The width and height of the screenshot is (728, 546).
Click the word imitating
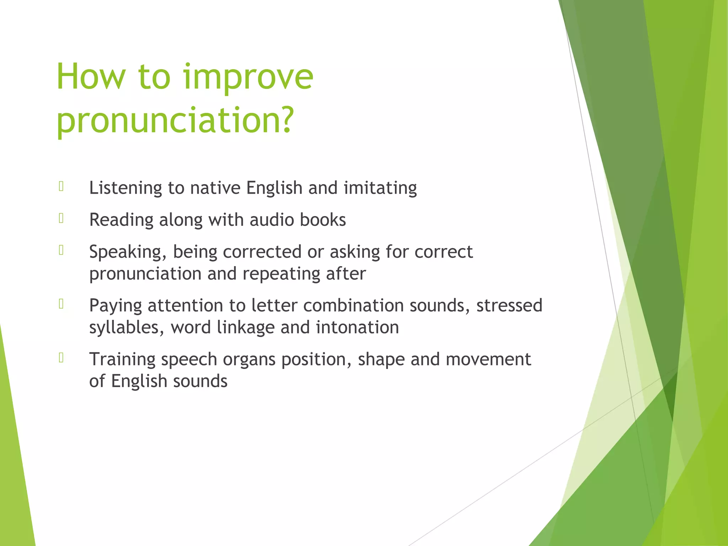click(x=380, y=188)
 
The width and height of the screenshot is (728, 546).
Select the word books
click(x=323, y=220)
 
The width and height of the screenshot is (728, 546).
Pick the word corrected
click(x=262, y=252)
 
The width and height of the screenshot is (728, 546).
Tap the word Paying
click(x=116, y=306)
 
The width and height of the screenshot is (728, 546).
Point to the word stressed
click(x=509, y=305)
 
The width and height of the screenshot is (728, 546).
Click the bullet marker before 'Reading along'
click(x=61, y=218)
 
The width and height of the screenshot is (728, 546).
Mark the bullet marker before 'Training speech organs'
click(x=61, y=358)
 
